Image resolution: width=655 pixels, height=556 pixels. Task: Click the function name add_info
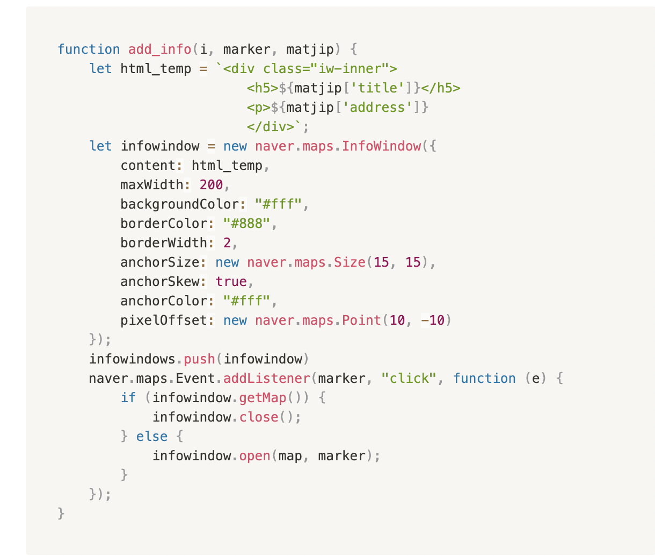click(159, 49)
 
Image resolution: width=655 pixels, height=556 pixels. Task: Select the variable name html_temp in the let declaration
click(156, 69)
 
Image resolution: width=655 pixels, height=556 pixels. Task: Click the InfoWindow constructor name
click(381, 146)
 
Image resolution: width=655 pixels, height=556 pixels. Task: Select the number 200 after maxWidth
click(211, 185)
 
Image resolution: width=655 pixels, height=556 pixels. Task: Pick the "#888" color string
click(246, 224)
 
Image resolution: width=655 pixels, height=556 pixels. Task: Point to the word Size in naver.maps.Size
click(350, 262)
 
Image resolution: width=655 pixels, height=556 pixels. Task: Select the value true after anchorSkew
click(231, 282)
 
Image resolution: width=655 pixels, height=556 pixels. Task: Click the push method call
click(199, 359)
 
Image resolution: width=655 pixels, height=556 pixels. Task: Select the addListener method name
click(266, 379)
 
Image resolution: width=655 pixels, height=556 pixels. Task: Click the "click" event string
click(409, 379)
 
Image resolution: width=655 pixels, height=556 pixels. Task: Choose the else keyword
click(152, 437)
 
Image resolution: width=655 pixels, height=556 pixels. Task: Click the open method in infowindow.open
click(254, 456)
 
